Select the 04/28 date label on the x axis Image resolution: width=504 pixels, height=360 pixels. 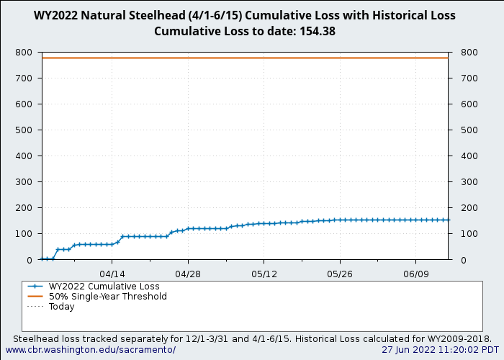[x=188, y=274]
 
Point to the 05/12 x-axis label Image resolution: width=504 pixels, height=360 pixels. [x=264, y=274]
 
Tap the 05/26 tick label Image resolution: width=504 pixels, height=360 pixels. [x=340, y=274]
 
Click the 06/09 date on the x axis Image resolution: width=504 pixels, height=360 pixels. [x=415, y=274]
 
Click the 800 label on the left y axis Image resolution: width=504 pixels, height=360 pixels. [x=24, y=53]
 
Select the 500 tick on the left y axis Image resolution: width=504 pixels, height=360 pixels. [x=24, y=130]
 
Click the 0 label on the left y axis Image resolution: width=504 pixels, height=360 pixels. [x=30, y=260]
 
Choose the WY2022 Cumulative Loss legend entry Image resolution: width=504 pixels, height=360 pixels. [x=104, y=287]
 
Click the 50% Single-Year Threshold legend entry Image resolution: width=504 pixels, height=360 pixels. [x=107, y=297]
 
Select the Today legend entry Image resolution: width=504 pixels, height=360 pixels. [x=61, y=307]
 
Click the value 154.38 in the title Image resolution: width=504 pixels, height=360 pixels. [x=316, y=31]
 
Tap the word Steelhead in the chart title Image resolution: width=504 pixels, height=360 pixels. [x=141, y=15]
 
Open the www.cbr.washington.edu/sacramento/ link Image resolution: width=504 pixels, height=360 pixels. [x=91, y=350]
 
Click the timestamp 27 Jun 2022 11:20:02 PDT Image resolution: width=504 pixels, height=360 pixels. [x=440, y=350]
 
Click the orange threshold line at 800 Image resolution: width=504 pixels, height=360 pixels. [x=245, y=58]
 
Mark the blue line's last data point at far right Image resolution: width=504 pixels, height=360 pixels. [x=447, y=220]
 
